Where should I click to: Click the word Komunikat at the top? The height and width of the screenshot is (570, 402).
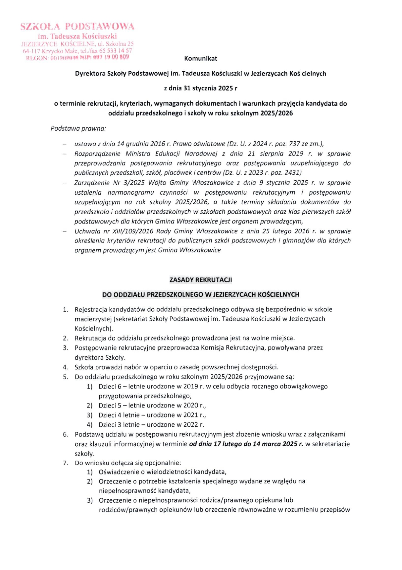tap(201, 59)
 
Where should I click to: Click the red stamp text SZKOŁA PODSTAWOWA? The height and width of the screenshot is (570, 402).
tap(77, 27)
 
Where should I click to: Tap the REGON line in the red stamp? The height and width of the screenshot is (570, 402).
tap(77, 58)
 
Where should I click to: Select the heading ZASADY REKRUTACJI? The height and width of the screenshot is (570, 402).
tap(201, 280)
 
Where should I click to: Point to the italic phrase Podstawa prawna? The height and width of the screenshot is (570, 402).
tap(78, 129)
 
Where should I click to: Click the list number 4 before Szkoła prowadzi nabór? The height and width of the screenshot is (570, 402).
tap(66, 367)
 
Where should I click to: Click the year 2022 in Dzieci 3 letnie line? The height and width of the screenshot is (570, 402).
tap(191, 425)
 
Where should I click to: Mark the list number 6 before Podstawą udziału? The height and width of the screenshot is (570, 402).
tap(66, 435)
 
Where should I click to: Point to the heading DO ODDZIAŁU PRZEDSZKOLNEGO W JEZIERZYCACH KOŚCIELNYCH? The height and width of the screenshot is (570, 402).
tap(201, 295)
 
